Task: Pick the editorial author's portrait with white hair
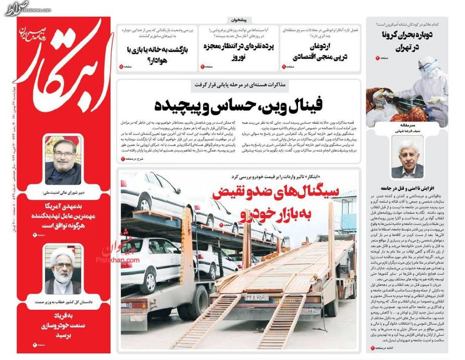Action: coord(407,159)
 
